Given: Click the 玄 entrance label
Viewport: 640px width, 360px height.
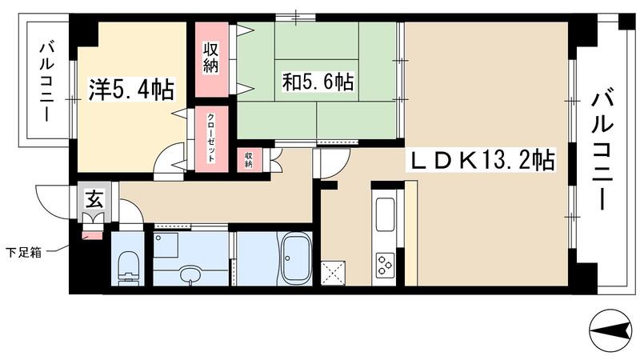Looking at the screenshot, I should [x=93, y=200].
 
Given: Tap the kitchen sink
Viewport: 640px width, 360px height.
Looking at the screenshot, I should [x=385, y=214].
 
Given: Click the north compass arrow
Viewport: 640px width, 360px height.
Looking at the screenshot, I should [x=610, y=327].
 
